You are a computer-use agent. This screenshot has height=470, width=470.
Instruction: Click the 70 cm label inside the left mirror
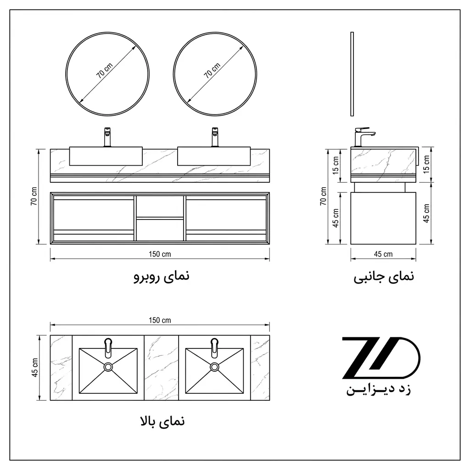(x=104, y=71)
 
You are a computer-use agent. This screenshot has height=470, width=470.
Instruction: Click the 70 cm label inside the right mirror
(x=212, y=71)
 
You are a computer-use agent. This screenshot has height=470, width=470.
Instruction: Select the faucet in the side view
(x=364, y=137)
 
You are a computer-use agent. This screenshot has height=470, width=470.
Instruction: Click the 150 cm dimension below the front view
(x=160, y=254)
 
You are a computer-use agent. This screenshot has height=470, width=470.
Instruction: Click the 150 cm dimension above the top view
(x=160, y=320)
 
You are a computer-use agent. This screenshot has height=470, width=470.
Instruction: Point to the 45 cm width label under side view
(x=383, y=254)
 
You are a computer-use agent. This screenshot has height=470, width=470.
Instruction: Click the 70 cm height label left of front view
(x=34, y=196)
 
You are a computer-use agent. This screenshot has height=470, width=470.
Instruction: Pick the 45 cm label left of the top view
(x=35, y=368)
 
